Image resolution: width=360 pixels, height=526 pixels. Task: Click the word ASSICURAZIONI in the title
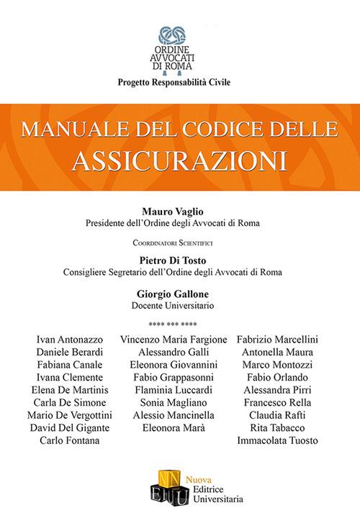[x=180, y=157]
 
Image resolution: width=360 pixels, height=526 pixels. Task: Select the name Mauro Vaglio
[x=180, y=211]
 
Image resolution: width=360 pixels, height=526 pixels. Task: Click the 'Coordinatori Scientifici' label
[x=180, y=242]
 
